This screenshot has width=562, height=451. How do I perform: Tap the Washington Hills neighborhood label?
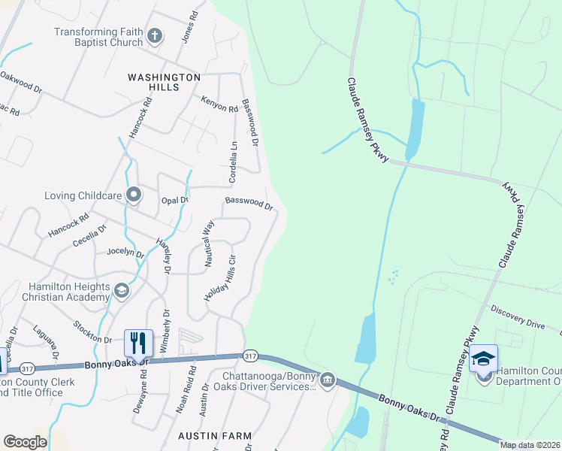164,82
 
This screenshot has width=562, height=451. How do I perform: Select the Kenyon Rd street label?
219,104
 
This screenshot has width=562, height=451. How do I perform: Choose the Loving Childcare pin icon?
134,195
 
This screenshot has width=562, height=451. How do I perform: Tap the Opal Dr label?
174,201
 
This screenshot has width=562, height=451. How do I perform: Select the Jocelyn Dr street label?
125,253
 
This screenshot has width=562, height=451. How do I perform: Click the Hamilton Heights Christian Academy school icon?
121,290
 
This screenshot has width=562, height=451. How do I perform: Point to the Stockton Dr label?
92,331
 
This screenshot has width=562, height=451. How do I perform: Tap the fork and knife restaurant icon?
138,343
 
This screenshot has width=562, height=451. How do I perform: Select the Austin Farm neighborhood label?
207,435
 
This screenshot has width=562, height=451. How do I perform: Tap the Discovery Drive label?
518,317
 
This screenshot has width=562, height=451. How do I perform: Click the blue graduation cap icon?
483,358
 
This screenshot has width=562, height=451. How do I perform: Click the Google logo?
25,442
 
